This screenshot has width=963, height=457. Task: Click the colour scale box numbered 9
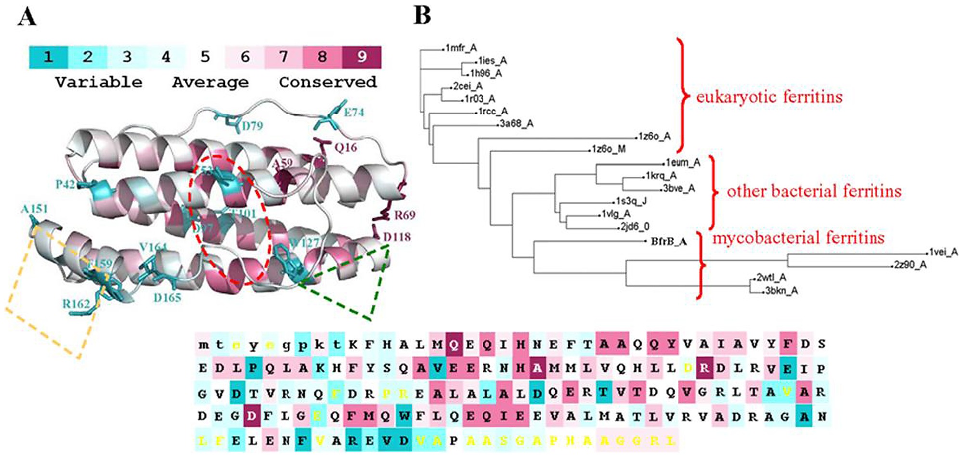point(362,57)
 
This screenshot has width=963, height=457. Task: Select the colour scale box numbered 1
point(48,57)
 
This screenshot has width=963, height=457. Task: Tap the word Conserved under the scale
point(327,82)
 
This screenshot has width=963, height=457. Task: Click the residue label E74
point(354,112)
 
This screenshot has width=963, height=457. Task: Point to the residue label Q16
point(346,147)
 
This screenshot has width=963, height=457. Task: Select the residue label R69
point(404,215)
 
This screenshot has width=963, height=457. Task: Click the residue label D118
point(397,236)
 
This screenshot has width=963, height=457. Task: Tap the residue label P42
point(65,184)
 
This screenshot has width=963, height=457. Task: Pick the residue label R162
point(76,304)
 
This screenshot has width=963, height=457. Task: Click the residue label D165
point(167,298)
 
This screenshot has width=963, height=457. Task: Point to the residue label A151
point(34,209)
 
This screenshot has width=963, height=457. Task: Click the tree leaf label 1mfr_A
point(461,48)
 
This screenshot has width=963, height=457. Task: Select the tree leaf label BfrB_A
point(668,241)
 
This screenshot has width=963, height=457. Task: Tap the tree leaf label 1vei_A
point(943,252)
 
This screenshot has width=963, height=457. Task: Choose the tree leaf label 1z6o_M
point(609,149)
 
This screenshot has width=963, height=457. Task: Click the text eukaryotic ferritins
point(769,97)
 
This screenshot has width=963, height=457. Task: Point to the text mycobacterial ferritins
point(798,238)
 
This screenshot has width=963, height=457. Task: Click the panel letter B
point(422,16)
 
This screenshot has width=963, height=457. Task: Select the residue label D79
point(252,126)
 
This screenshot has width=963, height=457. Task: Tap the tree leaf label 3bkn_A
point(781,290)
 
